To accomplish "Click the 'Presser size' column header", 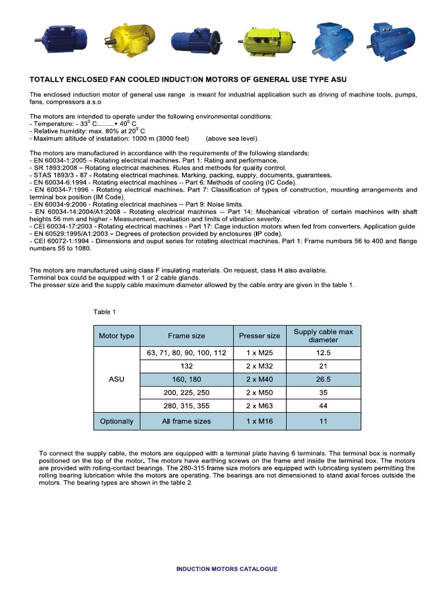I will coord(259,336).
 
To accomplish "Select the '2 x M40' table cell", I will coord(259,379).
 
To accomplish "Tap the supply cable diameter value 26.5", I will coord(324,379).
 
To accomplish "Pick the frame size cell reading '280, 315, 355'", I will coord(186,406).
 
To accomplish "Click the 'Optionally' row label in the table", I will coord(116,421).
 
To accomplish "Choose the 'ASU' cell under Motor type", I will coord(116,379).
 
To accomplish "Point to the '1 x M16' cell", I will coord(259,421).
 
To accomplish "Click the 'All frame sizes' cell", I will coord(186,421).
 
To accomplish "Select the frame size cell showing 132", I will coord(186,366).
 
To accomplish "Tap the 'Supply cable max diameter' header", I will coord(324,336).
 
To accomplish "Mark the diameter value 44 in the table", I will coord(324,406).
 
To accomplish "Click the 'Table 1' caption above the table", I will coord(105,312).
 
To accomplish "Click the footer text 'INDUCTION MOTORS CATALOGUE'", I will coord(227,569).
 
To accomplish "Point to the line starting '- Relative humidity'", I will coord(87,131).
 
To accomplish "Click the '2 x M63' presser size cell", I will coord(259,406).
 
